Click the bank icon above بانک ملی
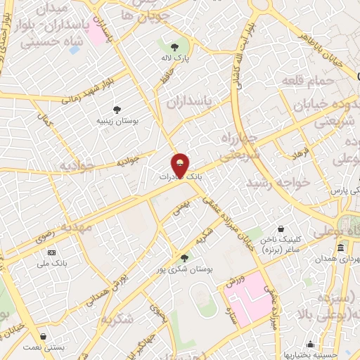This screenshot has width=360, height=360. tap(51, 252)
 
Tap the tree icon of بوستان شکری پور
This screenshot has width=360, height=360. tap(184, 257)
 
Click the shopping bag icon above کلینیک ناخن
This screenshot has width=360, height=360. tap(281, 229)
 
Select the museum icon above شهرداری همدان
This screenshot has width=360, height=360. tap(340, 247)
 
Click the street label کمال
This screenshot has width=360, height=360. tap(48, 120)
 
